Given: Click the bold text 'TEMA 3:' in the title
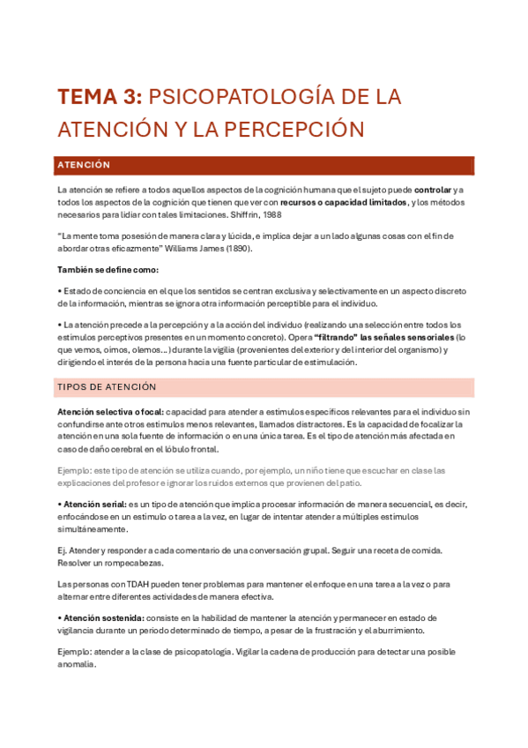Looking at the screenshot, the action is [x=100, y=96].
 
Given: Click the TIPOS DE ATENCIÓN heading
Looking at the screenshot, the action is [x=107, y=387].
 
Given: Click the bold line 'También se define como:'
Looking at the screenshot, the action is [x=108, y=270].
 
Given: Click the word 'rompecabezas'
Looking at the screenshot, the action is [x=123, y=563].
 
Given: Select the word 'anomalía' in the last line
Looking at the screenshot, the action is [x=76, y=664].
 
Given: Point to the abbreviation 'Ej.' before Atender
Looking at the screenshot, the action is [x=62, y=550].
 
